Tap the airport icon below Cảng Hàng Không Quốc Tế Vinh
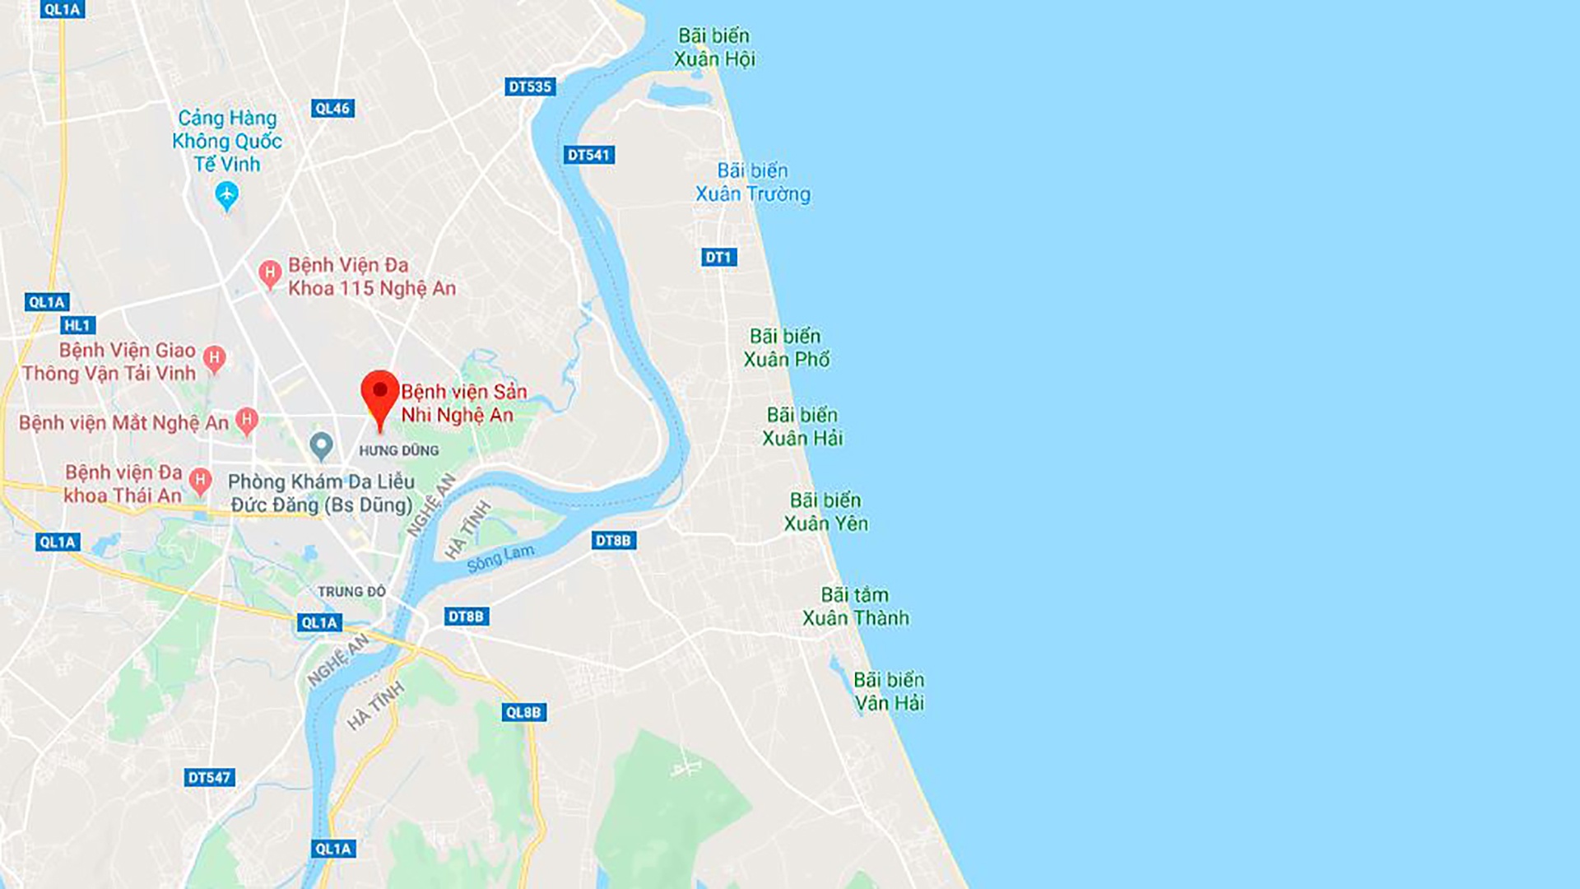[226, 196]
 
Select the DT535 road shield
[530, 86]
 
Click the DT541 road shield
[589, 155]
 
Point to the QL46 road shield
[332, 108]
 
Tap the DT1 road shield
[718, 257]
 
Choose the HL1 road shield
[78, 325]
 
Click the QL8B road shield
[523, 712]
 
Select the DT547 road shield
[209, 777]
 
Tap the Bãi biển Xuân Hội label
[713, 47]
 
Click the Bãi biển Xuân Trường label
[752, 182]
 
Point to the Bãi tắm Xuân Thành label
[855, 606]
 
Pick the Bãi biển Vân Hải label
[889, 691]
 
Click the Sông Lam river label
[500, 558]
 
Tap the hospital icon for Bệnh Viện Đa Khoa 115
[269, 273]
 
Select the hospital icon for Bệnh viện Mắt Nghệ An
[246, 421]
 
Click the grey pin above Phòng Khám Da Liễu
[321, 446]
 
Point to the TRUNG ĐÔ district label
[351, 591]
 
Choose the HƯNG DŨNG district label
[399, 450]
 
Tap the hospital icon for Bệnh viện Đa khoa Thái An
[200, 481]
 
